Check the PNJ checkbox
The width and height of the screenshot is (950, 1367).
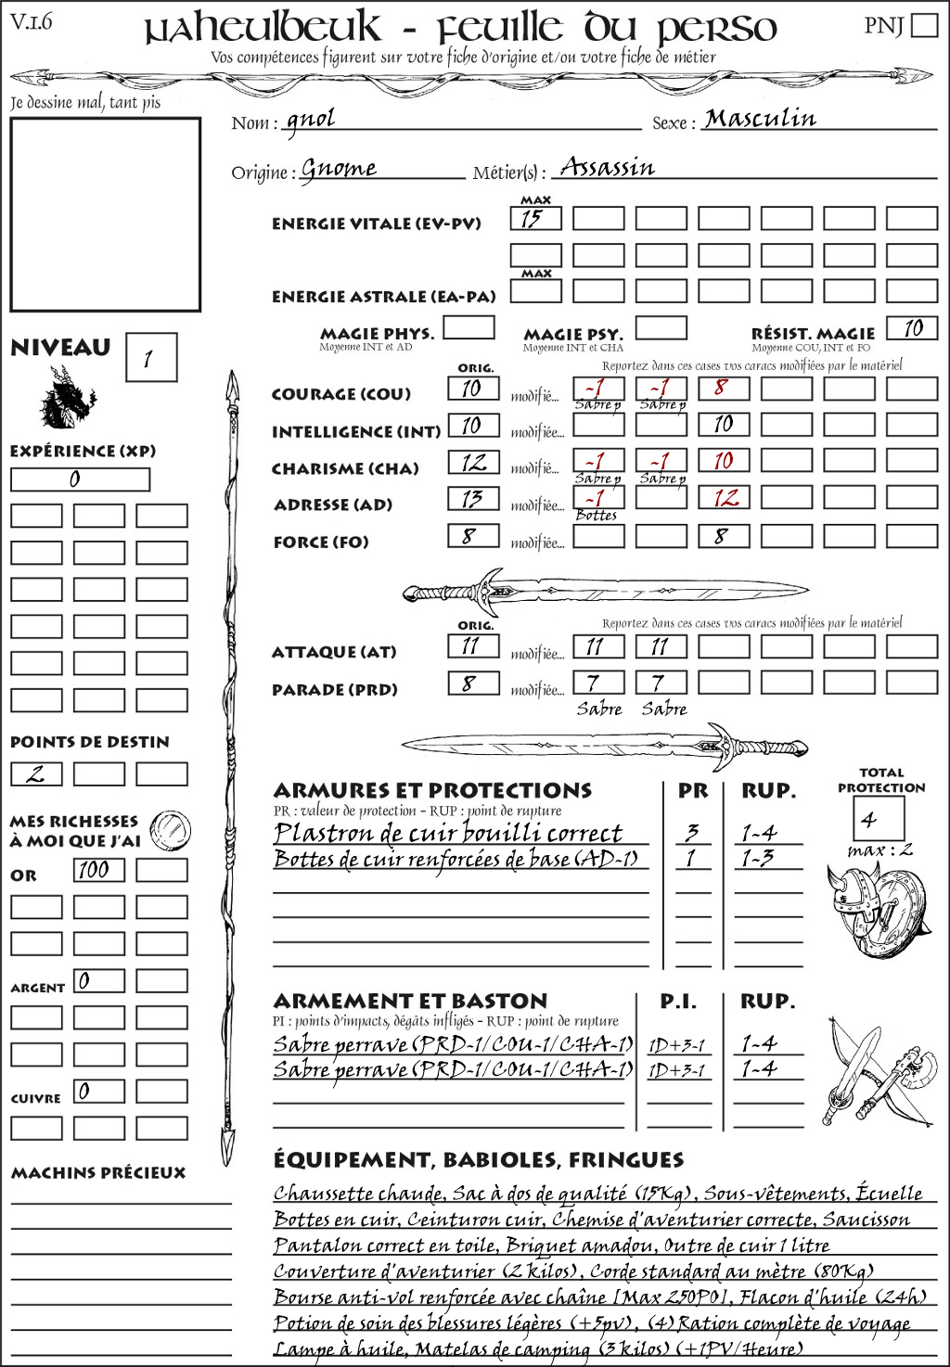pyautogui.click(x=924, y=25)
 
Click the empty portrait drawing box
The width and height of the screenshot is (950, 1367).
pyautogui.click(x=105, y=214)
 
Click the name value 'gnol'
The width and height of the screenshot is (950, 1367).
pyautogui.click(x=311, y=120)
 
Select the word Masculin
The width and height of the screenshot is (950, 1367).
pyautogui.click(x=760, y=119)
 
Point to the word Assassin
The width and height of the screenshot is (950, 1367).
pyautogui.click(x=608, y=168)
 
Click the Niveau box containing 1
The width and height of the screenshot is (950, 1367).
pyautogui.click(x=150, y=358)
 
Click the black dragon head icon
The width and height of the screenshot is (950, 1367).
pyautogui.click(x=68, y=398)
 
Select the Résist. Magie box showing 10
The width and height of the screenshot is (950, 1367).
pyautogui.click(x=912, y=328)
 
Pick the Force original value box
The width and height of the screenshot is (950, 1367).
pyautogui.click(x=473, y=536)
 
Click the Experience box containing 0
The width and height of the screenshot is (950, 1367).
pyautogui.click(x=80, y=479)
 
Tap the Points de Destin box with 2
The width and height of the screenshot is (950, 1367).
pyautogui.click(x=36, y=773)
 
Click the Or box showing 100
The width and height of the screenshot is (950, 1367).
pyautogui.click(x=98, y=870)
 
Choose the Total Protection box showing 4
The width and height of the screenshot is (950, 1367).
pyautogui.click(x=878, y=818)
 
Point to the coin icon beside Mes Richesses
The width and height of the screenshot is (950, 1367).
pyautogui.click(x=170, y=828)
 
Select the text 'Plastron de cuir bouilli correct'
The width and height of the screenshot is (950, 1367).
pyautogui.click(x=448, y=833)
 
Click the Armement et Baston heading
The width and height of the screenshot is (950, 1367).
pyautogui.click(x=410, y=1001)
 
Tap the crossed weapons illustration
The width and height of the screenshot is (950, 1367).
pyautogui.click(x=876, y=1072)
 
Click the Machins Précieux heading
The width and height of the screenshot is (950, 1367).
pyautogui.click(x=98, y=1172)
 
